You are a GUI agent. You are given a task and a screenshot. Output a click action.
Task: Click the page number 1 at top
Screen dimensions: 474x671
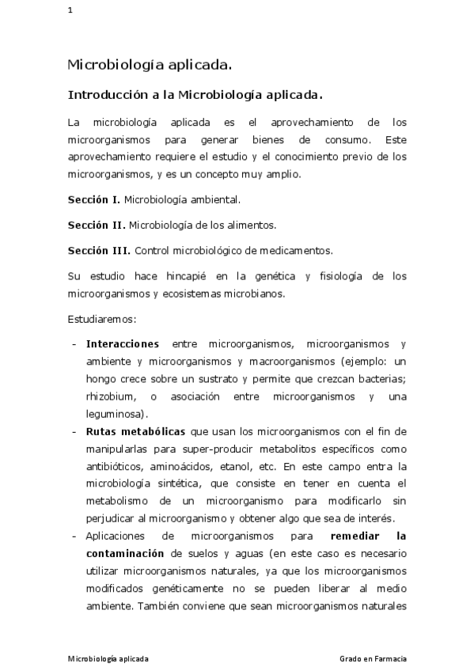pos(70,10)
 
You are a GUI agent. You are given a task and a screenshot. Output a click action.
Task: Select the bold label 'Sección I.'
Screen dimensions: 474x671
pos(93,199)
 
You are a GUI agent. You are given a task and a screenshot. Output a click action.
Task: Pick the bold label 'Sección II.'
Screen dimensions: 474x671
pos(96,225)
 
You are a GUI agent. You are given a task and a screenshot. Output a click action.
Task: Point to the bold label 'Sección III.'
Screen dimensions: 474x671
pos(99,250)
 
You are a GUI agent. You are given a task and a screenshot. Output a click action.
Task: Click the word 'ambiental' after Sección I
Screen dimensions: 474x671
pos(216,199)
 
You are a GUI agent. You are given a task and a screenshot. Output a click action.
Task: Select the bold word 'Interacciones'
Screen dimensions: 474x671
pos(122,344)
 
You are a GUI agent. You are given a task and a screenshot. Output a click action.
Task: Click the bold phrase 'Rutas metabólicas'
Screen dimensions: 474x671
pos(135,431)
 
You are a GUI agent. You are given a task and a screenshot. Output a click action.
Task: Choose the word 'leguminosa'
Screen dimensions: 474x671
pos(115,414)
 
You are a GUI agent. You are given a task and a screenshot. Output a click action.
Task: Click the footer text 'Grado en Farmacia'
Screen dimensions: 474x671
pos(374,658)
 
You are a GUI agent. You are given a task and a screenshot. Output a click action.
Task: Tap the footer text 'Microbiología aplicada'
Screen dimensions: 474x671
pos(108,658)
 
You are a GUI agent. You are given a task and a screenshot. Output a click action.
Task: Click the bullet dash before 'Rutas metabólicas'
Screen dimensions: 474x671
pos(74,431)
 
